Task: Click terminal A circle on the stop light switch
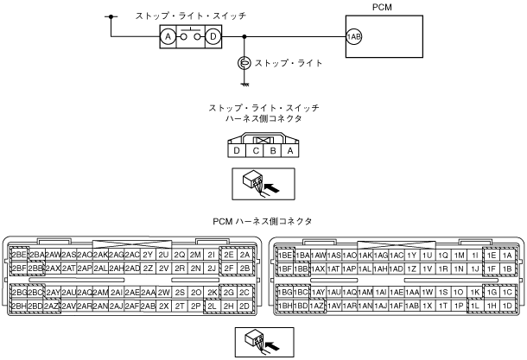(x=168, y=36)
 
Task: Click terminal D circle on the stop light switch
(x=213, y=36)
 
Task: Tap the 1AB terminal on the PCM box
(x=353, y=37)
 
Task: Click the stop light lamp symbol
(x=245, y=62)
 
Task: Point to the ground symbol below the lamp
(x=245, y=83)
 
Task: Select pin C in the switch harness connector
(x=257, y=151)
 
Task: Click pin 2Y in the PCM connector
(x=148, y=255)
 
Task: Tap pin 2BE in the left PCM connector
(x=18, y=255)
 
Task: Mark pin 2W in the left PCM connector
(x=164, y=293)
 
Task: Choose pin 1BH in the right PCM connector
(x=284, y=306)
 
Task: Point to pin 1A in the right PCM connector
(x=508, y=255)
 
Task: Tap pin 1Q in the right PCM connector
(x=443, y=255)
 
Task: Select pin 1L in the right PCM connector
(x=474, y=306)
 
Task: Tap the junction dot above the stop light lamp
(x=245, y=37)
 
